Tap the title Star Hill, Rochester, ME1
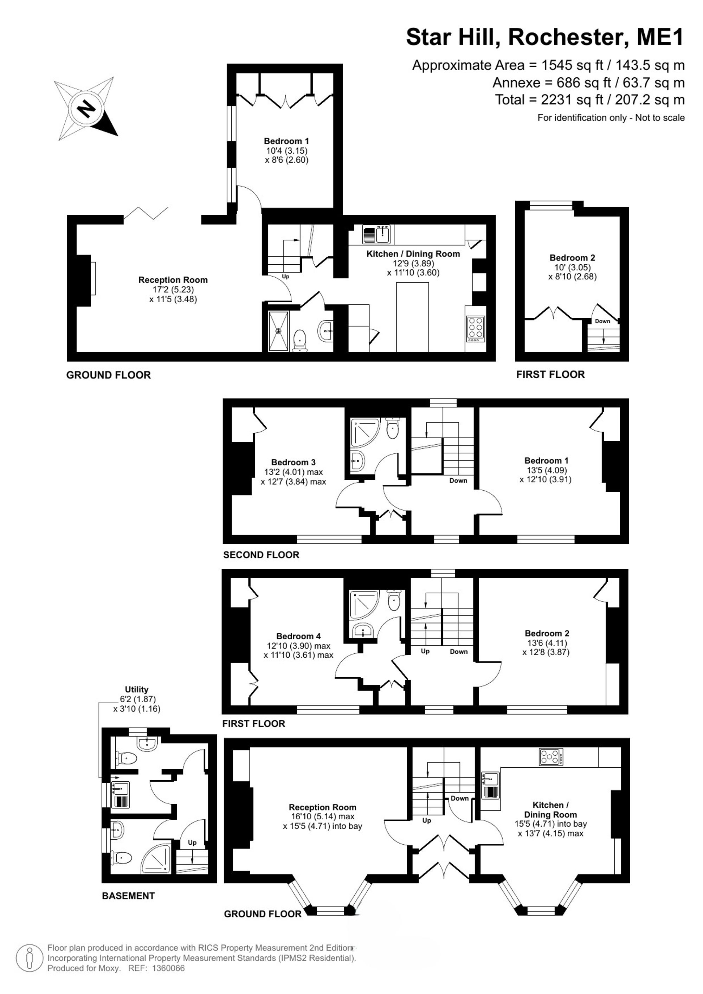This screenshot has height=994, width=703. pos(545,37)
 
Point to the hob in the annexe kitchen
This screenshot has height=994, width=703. pos(476,330)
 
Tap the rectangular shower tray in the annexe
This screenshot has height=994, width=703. pos(279,331)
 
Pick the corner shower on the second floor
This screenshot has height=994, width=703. pos(365,432)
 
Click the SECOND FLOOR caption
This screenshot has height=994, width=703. pos(261,555)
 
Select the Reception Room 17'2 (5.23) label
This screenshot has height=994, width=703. pos(173,289)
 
